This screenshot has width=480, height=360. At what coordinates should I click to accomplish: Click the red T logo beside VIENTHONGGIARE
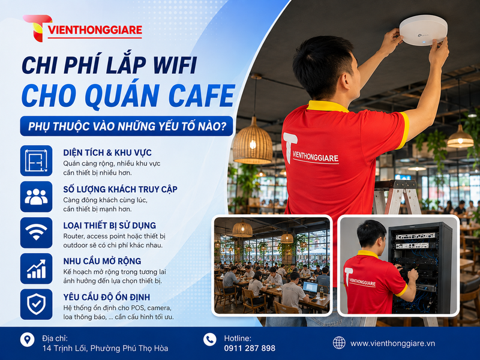coord(37,28)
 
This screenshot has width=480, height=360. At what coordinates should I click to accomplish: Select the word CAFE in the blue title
coord(202,95)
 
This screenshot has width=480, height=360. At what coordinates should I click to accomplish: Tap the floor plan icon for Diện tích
coord(36,161)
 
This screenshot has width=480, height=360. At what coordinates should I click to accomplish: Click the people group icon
coord(36,197)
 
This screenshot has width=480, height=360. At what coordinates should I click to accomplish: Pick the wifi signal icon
coord(36,233)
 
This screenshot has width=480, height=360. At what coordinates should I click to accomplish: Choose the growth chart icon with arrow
coord(36,268)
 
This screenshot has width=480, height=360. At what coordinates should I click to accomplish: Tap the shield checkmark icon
coord(36,304)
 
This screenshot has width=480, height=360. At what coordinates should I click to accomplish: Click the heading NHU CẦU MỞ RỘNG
coord(102,261)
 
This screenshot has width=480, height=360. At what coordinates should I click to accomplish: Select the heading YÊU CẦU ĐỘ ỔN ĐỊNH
coord(107,297)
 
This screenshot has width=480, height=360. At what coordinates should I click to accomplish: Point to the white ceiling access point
coord(424,30)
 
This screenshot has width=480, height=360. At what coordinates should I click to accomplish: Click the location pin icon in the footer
coord(27,340)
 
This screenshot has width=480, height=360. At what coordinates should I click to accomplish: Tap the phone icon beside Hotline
coord(209,340)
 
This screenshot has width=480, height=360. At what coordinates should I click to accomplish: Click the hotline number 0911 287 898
coord(250,348)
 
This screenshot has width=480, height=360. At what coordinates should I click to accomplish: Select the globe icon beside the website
coord(339,343)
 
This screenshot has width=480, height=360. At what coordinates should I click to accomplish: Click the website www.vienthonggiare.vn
coord(393,343)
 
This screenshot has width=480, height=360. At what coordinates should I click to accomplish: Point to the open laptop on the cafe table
coord(310,289)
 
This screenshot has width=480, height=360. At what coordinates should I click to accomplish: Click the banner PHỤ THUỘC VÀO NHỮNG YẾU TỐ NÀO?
coord(127,126)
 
